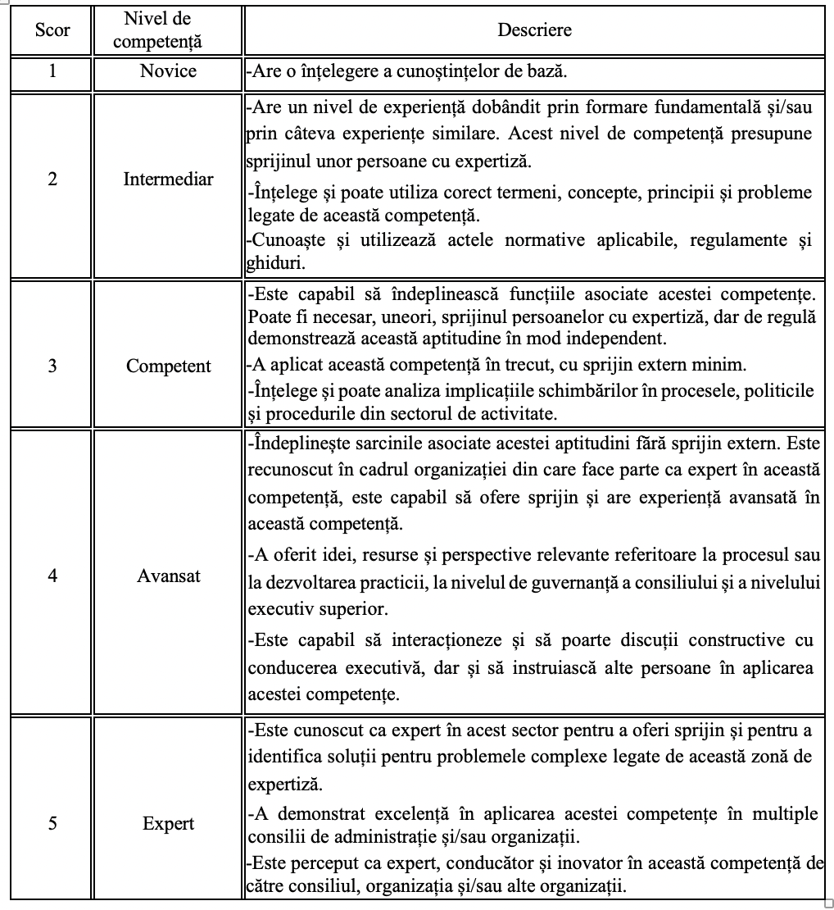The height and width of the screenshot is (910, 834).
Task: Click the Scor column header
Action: (52, 30)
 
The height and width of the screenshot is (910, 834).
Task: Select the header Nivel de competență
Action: (168, 30)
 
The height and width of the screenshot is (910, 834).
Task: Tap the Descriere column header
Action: (534, 30)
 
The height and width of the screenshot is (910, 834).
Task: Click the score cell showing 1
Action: (52, 71)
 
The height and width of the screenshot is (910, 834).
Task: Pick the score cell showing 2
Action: (52, 179)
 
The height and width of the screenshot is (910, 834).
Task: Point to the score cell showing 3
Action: (52, 366)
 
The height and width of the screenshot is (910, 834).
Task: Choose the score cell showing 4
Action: (52, 576)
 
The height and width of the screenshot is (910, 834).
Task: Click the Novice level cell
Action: (168, 71)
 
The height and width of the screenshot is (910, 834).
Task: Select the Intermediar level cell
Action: (168, 179)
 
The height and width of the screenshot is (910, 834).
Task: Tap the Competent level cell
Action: (168, 366)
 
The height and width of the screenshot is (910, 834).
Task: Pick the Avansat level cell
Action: (168, 576)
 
